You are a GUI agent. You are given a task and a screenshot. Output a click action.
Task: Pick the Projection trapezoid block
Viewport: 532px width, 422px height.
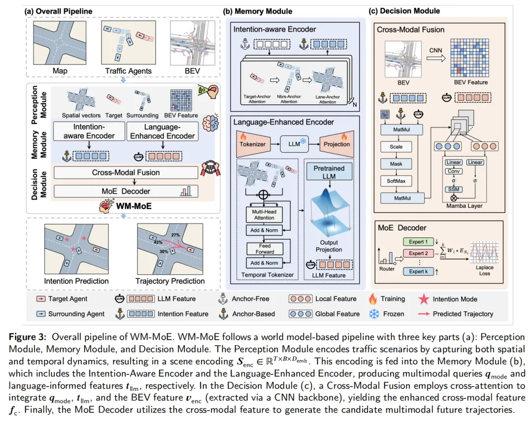tap(336, 144)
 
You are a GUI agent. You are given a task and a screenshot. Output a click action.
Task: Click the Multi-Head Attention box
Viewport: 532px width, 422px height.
tap(265, 214)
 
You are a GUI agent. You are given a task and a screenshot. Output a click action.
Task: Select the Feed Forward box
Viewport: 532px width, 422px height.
tap(265, 249)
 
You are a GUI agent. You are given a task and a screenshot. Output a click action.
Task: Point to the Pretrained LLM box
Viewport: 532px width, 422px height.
tap(329, 172)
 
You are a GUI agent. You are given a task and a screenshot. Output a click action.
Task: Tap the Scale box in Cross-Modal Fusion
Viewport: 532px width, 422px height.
tap(396, 147)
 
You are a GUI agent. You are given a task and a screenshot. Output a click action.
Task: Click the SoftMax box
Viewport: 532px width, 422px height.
tap(396, 181)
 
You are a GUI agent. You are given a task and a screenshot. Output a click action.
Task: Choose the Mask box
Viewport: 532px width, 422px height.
tap(396, 163)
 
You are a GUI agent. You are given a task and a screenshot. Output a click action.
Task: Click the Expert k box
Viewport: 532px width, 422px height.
tap(418, 271)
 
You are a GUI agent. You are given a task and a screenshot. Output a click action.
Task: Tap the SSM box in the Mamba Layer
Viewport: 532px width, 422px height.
tap(453, 189)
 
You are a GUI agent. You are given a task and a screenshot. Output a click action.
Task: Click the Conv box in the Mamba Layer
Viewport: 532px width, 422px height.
tap(453, 171)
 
